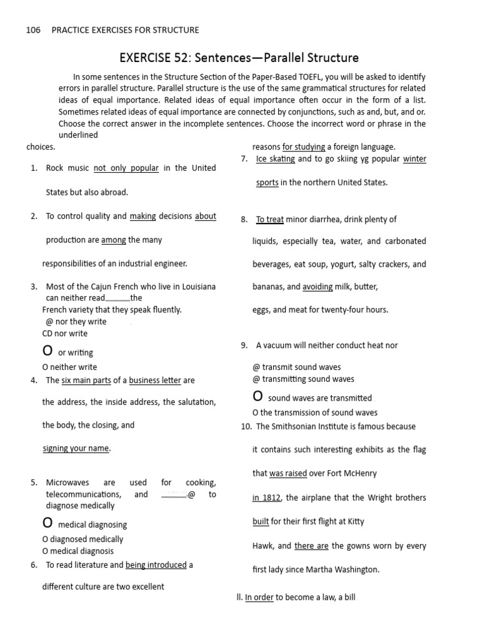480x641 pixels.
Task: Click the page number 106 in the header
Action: [x=33, y=30]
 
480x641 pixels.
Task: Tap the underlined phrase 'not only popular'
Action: [x=126, y=168]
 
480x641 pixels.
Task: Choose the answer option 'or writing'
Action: [x=76, y=353]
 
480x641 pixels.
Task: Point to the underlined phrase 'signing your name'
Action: [x=76, y=448]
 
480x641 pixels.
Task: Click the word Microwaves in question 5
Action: [x=67, y=483]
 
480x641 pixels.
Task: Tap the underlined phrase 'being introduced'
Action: [x=156, y=565]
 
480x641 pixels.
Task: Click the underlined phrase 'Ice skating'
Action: [x=276, y=159]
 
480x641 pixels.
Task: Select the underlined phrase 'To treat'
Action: [x=270, y=219]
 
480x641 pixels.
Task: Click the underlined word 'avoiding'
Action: [x=317, y=287]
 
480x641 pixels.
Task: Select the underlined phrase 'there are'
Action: [x=311, y=546]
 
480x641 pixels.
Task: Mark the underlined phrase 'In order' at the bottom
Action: [x=259, y=597]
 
